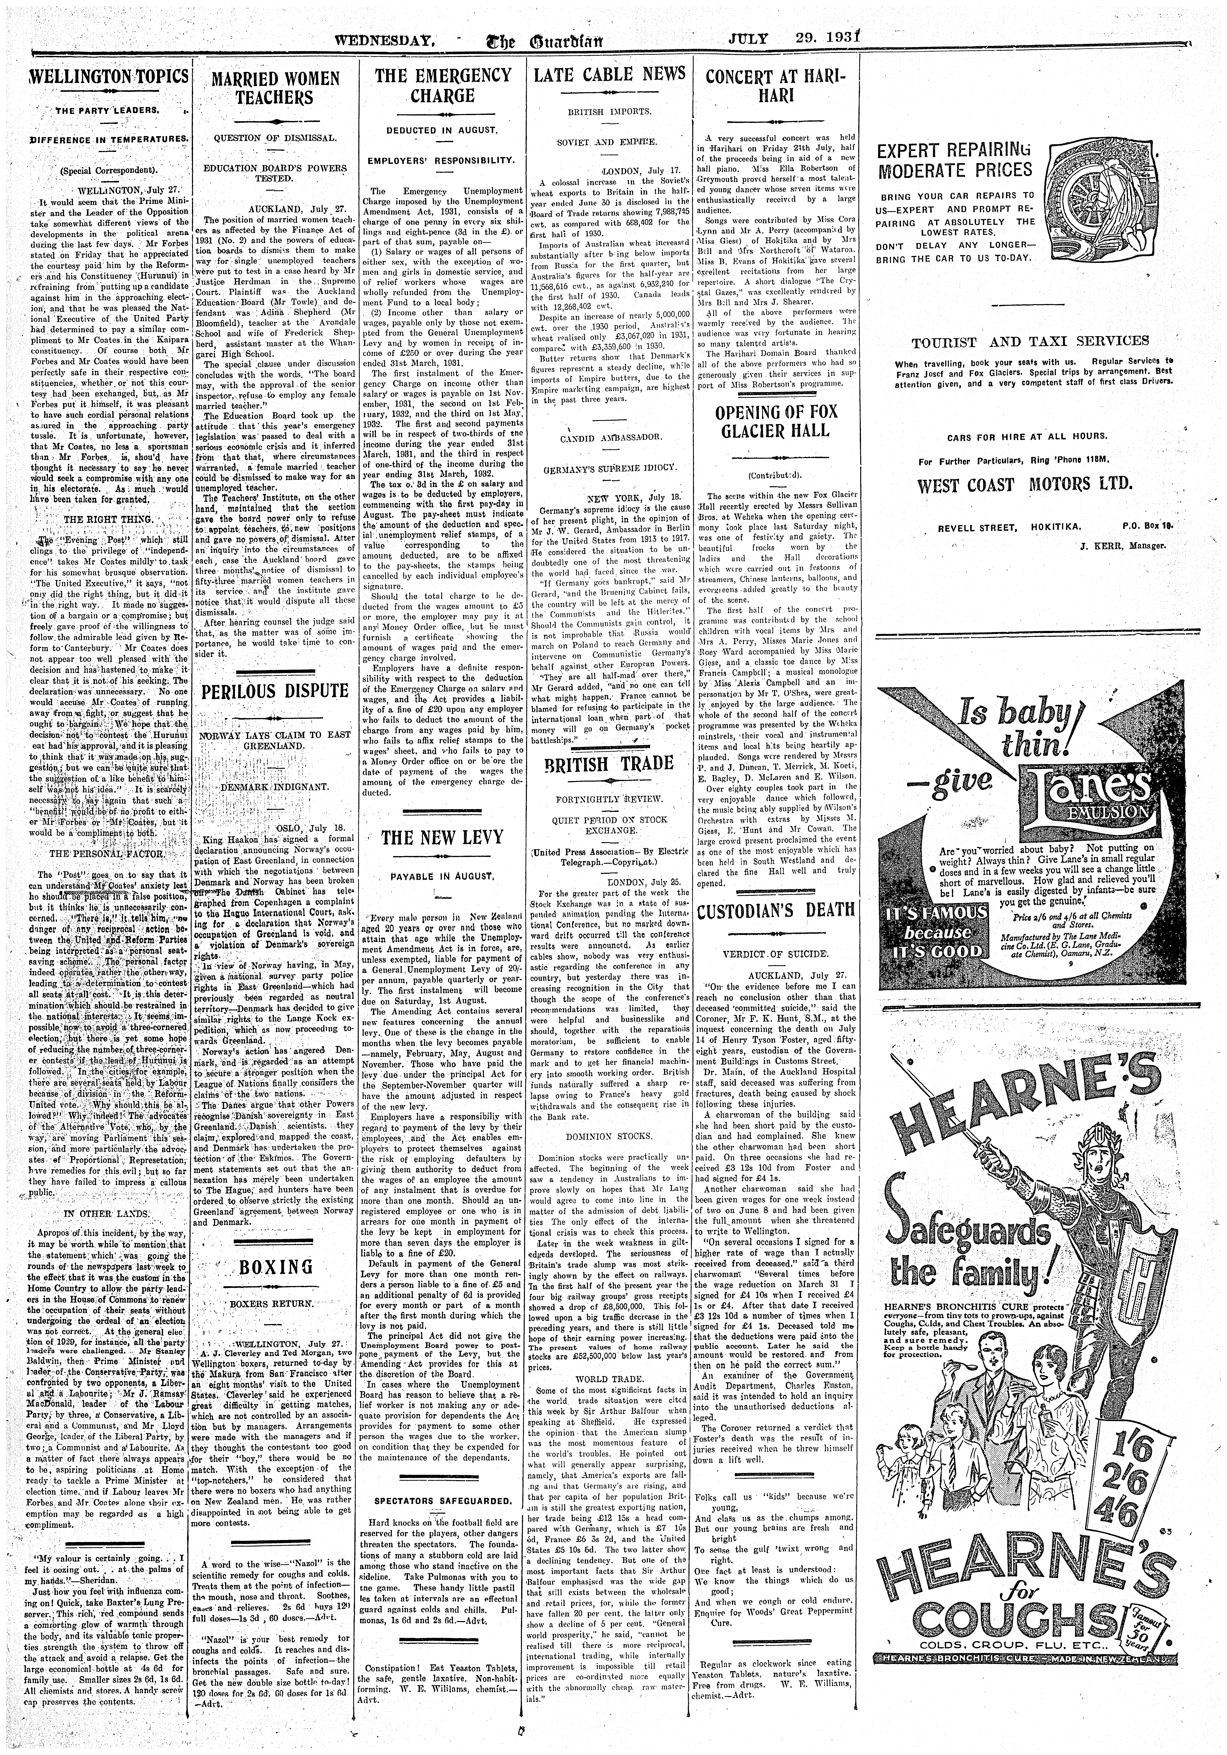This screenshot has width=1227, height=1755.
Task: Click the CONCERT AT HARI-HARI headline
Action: (x=776, y=86)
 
